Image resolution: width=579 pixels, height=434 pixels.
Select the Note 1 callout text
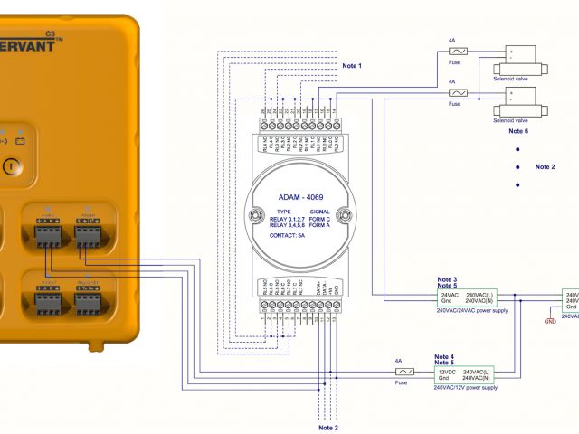(352, 66)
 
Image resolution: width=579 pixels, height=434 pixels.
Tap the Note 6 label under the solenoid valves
(517, 131)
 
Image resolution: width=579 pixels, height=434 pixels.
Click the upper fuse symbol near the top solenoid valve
(459, 53)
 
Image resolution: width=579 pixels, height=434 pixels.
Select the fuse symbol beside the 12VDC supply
(406, 372)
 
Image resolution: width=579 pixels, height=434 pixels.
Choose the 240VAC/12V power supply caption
(465, 387)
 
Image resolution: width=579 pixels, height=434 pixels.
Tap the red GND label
(550, 321)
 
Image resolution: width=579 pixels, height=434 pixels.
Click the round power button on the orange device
(10, 166)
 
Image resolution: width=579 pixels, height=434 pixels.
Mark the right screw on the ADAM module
(344, 215)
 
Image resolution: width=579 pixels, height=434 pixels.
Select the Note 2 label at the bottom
(327, 427)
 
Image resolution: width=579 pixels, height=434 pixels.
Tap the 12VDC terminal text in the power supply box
(447, 371)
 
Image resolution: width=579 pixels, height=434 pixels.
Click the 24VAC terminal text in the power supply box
(450, 296)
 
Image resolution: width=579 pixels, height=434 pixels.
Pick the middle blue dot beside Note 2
(517, 167)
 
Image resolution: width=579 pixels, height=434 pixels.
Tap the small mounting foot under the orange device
(96, 344)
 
